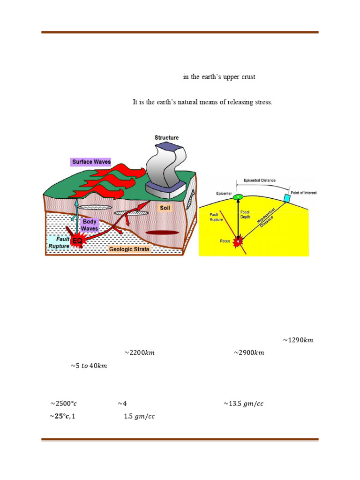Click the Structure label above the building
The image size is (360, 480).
[166, 138]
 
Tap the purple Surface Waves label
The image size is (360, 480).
[91, 162]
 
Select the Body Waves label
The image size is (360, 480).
[90, 225]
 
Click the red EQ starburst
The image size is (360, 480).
[77, 241]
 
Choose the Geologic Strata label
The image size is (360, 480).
[129, 249]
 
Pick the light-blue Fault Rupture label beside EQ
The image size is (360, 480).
[58, 242]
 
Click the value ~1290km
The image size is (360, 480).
[298, 340]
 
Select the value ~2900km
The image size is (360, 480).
[248, 353]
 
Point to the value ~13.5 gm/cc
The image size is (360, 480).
[243, 403]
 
